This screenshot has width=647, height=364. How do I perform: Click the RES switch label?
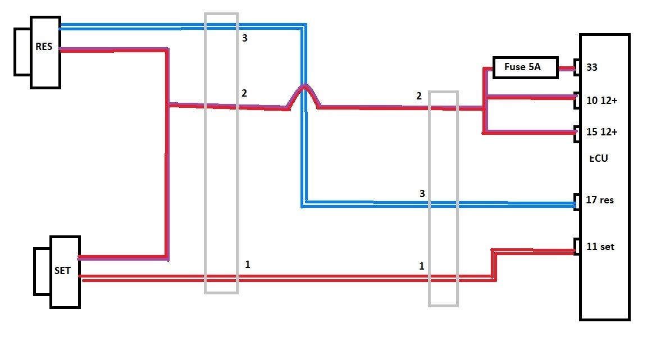pos(44,46)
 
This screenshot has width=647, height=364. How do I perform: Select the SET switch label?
pos(62,271)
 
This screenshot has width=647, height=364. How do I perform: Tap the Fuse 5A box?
pos(525,67)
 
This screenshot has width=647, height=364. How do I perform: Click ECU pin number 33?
pos(592,67)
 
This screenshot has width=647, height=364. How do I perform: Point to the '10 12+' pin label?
pos(602,101)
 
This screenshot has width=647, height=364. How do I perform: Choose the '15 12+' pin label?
pos(602,132)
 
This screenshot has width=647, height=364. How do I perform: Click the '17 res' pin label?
pos(600,200)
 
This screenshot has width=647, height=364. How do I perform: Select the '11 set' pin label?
pos(600,247)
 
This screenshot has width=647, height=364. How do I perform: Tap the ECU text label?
pos(599,158)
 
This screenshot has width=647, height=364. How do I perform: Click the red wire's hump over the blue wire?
pos(304,87)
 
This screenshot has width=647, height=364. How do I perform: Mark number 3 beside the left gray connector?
pos(245,38)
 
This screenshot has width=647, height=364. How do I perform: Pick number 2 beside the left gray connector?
pos(244,93)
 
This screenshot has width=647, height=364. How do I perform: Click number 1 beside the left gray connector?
pos(248,265)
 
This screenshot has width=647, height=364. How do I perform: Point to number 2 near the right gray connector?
pos(419,96)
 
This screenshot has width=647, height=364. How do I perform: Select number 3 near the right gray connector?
pos(422,194)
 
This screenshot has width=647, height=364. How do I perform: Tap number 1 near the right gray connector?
pos(422,266)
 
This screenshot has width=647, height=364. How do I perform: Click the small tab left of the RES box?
pos(22,52)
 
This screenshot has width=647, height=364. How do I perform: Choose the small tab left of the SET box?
pos(42,271)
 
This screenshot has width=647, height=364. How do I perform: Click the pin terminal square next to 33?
pos(577,67)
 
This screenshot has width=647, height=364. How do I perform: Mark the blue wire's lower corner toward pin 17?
pos(303,204)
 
